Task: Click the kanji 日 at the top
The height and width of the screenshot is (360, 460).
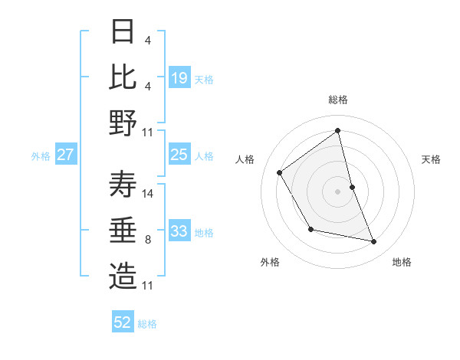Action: click(123, 31)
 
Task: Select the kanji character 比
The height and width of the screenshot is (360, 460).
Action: click(123, 77)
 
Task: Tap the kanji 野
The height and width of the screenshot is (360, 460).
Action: click(123, 123)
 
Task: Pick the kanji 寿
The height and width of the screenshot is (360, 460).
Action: click(123, 185)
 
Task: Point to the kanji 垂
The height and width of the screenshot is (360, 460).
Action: click(123, 231)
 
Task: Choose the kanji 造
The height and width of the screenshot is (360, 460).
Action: click(123, 277)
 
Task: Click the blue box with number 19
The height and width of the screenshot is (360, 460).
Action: click(179, 78)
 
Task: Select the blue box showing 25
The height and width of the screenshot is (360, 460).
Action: click(179, 155)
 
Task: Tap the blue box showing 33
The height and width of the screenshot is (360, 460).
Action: click(179, 231)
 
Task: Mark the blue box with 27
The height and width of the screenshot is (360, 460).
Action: click(66, 155)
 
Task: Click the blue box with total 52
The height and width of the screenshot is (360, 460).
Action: click(123, 322)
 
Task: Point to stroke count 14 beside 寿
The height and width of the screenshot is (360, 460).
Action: click(149, 194)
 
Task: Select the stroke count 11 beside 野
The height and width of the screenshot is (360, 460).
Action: click(149, 133)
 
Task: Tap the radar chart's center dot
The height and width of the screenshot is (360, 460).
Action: click(337, 191)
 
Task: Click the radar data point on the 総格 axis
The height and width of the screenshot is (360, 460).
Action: click(337, 130)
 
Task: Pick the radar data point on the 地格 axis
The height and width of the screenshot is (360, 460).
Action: click(374, 241)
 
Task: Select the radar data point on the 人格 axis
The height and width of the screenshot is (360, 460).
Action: click(280, 172)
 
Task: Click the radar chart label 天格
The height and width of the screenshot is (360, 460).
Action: click(431, 159)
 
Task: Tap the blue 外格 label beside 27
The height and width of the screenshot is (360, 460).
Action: click(41, 155)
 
